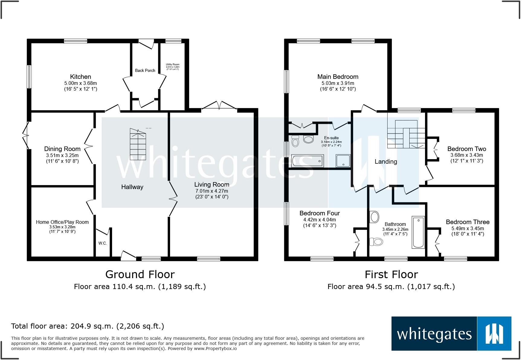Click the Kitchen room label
point(81,77)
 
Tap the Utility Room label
point(173,64)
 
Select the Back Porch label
point(145,70)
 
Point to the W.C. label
point(103,243)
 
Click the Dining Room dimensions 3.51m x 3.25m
point(62,155)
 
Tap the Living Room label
point(212,185)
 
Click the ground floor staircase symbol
point(138,144)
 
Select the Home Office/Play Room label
point(62,222)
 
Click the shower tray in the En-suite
point(343,161)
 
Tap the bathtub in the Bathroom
point(418,232)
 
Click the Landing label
point(386,162)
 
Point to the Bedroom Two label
point(467,149)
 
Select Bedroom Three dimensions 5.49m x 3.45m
point(468,228)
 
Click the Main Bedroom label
point(338,77)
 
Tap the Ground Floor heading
point(140,274)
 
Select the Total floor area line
point(88,326)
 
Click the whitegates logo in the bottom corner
point(451,333)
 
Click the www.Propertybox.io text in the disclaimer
point(215,349)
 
